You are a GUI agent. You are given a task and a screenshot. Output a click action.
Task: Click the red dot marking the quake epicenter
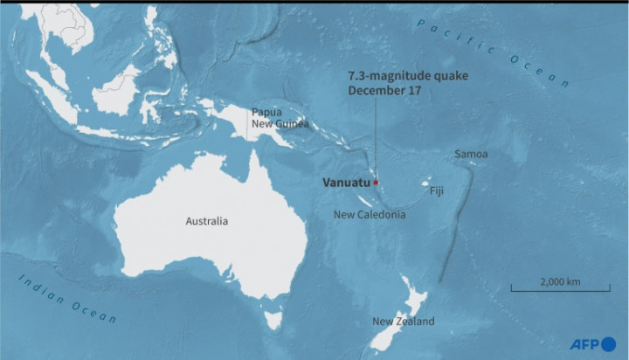point(376,183)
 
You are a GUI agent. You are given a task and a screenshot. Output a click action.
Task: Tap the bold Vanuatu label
point(344,183)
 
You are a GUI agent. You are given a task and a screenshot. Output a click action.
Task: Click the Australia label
point(207,221)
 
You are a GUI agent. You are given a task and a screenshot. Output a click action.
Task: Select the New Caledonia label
point(370,215)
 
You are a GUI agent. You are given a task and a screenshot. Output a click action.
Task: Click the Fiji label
point(438,190)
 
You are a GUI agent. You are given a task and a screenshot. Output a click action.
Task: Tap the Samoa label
point(471,155)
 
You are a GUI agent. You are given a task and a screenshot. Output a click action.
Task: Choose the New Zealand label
point(403,322)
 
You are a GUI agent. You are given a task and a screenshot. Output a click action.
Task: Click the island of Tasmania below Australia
point(273,319)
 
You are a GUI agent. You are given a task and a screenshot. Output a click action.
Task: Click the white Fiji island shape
point(426,184)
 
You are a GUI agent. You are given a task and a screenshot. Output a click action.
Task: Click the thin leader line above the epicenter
point(376,140)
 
